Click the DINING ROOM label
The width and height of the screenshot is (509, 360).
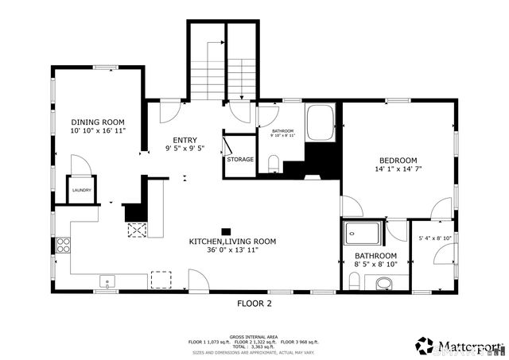pyautogui.click(x=98, y=122)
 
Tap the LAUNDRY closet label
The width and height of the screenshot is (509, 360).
pyautogui.click(x=81, y=190)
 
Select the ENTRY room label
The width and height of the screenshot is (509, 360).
pyautogui.click(x=185, y=140)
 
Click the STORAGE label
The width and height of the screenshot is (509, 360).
pyautogui.click(x=240, y=160)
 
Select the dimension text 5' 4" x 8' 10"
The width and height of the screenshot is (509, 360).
pyautogui.click(x=435, y=238)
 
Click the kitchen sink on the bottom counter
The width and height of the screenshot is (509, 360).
pyautogui.click(x=106, y=281)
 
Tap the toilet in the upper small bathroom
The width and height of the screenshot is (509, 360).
pyautogui.click(x=274, y=165)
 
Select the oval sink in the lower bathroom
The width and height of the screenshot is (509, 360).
pyautogui.click(x=384, y=283)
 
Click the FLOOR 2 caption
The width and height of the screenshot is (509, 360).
pyautogui.click(x=254, y=304)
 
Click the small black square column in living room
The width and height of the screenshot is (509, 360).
pyautogui.click(x=226, y=231)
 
